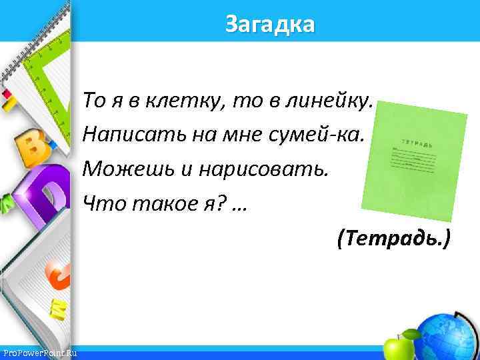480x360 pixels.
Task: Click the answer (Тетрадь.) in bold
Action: click(394, 238)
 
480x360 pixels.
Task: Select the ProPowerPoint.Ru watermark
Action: click(39, 353)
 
